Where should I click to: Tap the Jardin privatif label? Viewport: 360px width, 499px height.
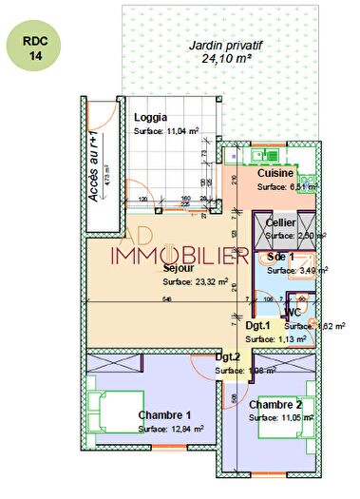pyautogui.click(x=225, y=45)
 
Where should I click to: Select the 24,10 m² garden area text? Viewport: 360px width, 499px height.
pyautogui.click(x=225, y=57)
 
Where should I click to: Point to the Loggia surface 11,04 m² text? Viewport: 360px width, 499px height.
pyautogui.click(x=166, y=131)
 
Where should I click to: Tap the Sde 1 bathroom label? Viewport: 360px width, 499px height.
pyautogui.click(x=281, y=257)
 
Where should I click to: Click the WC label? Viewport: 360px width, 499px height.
pyautogui.click(x=294, y=312)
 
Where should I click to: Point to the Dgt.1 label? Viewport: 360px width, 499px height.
pyautogui.click(x=257, y=325)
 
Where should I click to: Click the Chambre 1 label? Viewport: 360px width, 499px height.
pyautogui.click(x=164, y=415)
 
